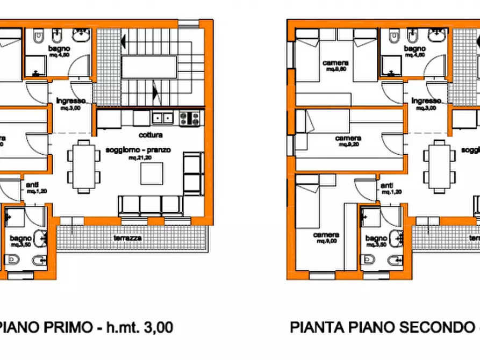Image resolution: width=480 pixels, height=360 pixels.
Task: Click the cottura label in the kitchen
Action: [150, 135]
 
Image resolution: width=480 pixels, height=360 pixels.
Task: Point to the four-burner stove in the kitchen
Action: [189, 118]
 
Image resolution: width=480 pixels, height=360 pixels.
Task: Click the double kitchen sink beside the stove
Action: [162, 117]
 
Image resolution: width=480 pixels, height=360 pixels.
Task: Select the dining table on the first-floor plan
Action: [83, 167]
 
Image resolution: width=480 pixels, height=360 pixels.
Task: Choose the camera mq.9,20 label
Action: [348, 141]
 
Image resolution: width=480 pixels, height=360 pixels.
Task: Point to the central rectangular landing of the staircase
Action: [151, 67]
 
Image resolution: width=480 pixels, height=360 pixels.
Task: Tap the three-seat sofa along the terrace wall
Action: [148, 205]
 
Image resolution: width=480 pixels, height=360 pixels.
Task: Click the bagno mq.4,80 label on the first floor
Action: [60, 51]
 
